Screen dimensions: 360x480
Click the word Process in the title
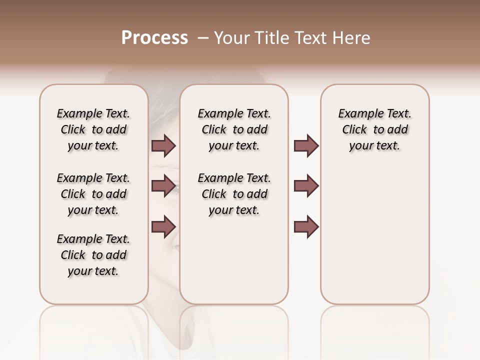[154, 38]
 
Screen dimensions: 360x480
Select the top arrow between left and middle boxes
[163, 146]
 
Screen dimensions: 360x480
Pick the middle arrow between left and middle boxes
[163, 186]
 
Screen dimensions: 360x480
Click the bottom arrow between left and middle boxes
[163, 226]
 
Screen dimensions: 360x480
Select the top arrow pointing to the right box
[306, 146]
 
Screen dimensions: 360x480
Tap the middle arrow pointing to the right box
[306, 186]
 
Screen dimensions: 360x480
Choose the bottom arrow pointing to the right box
[306, 226]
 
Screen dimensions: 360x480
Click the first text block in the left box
[93, 129]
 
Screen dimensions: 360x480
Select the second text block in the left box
[93, 194]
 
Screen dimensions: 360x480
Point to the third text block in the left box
[93, 255]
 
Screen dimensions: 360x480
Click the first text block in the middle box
[234, 129]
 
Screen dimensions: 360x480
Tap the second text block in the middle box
[234, 194]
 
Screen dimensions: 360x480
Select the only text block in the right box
[374, 129]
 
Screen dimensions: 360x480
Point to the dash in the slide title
[203, 38]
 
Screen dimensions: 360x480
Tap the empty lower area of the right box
[374, 240]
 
